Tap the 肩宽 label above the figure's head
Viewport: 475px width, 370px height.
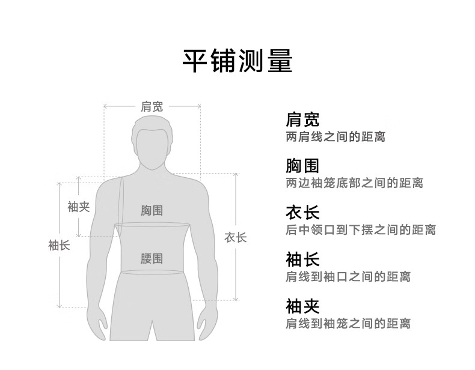coord(152,107)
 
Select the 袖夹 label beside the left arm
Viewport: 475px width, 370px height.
coord(78,207)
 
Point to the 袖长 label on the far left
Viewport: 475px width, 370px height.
coord(59,245)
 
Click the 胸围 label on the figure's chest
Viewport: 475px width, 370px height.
coord(152,211)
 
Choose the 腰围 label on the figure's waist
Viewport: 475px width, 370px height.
coord(152,259)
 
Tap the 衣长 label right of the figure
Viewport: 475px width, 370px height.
coord(236,237)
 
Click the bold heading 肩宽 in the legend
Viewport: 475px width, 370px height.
coord(302,119)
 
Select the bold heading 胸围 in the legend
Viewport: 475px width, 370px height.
coord(302,166)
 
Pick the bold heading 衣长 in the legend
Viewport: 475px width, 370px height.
coord(302,213)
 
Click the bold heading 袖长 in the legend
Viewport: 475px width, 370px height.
coord(302,259)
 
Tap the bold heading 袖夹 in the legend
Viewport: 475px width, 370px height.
coord(302,306)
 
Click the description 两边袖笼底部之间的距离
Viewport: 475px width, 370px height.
coord(354,183)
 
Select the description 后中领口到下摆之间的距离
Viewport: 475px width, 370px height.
coord(360,230)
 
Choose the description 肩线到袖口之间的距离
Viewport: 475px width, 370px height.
coord(348,277)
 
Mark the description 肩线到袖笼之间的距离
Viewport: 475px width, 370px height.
coord(348,324)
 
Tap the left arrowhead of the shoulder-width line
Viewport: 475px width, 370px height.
coord(105,107)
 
